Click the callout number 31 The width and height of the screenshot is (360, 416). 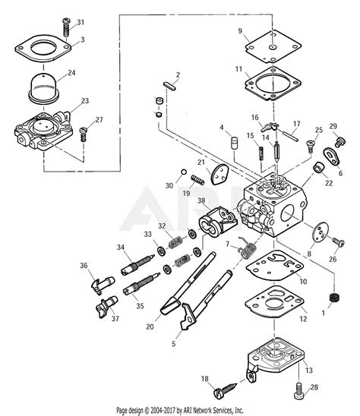tap(82, 22)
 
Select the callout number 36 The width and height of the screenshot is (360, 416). tap(84, 265)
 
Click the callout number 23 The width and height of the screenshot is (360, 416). tap(84, 101)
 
